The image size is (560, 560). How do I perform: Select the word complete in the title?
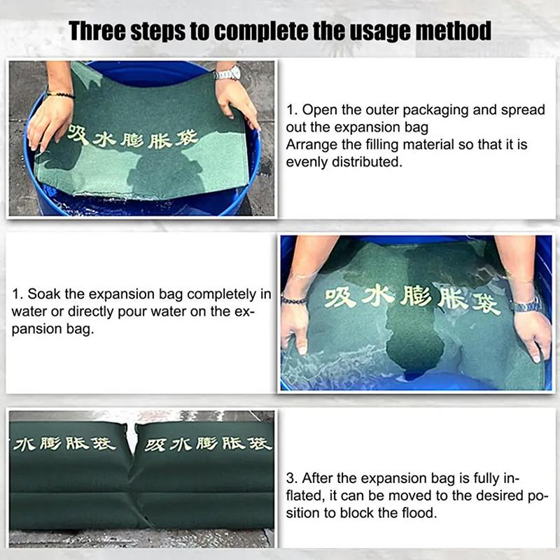260,31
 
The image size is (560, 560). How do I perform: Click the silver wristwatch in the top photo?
227,73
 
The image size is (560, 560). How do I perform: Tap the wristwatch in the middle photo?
525,305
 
